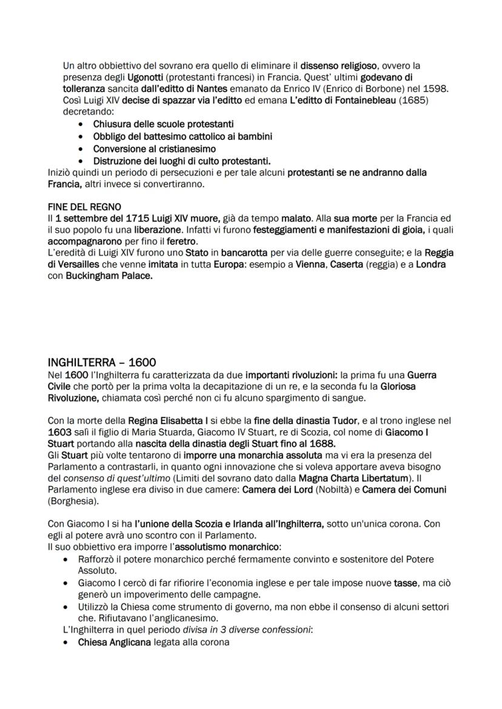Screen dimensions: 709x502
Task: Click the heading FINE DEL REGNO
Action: (x=84, y=207)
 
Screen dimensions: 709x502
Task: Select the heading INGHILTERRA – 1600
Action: (x=102, y=362)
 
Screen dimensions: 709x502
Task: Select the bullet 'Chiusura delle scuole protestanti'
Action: (x=163, y=124)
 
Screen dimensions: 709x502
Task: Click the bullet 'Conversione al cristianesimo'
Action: (x=154, y=148)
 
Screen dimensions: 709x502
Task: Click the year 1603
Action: (x=60, y=432)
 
